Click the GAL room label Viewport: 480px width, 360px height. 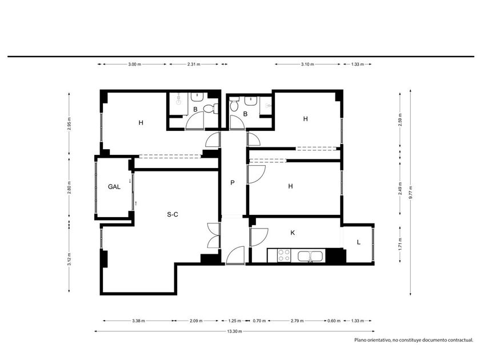point(114,187)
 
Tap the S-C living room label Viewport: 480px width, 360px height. point(173,215)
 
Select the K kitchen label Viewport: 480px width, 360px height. point(293,233)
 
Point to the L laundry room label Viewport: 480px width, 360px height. point(358,242)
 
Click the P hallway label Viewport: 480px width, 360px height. point(233,183)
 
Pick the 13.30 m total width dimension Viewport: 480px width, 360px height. point(234,331)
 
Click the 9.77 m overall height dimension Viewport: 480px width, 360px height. point(410,193)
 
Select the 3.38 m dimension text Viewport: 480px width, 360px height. point(138,321)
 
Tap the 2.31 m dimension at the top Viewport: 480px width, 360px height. point(194,64)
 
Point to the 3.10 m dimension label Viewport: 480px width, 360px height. point(307,64)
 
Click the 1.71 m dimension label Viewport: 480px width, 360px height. point(400,244)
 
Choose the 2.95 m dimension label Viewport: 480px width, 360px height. point(69,123)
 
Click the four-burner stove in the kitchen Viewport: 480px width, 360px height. point(284,255)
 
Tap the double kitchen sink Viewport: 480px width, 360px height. point(310,256)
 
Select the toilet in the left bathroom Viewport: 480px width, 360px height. point(211,109)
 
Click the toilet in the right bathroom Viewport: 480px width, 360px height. point(234,104)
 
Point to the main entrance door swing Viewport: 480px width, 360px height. point(235,255)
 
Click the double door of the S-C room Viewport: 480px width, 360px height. point(214,235)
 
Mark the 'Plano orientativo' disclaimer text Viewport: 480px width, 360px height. point(414,340)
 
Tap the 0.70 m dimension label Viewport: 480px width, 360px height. point(259,321)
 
